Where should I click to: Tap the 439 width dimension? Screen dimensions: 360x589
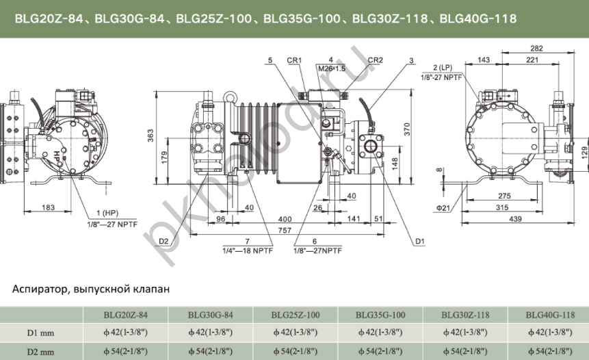pos(516,219)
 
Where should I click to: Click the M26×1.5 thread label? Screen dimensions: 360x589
pos(331,68)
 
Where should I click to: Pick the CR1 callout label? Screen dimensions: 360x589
pos(295,60)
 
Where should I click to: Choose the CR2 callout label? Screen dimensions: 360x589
pos(375,60)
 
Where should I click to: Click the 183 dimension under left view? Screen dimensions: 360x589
pos(48,207)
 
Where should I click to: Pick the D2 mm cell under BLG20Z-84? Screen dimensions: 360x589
pos(126,351)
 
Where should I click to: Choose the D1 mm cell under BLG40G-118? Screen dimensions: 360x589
pos(550,333)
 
